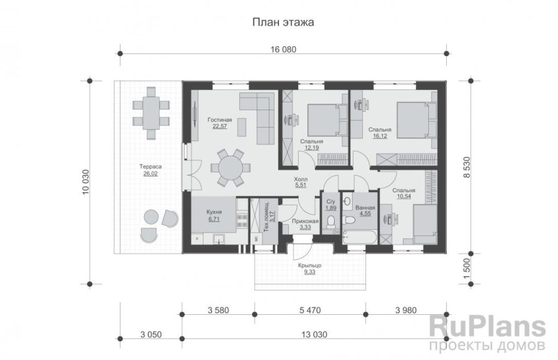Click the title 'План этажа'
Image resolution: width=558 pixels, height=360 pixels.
[x=283, y=22]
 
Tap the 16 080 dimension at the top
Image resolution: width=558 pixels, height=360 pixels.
[x=283, y=50]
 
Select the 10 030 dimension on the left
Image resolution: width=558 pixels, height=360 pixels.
[x=86, y=182]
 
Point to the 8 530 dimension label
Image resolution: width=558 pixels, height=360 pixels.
[x=467, y=168]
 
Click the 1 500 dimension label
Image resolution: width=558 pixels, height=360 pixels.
[x=467, y=269]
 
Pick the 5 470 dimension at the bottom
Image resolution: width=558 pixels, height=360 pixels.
[x=310, y=310]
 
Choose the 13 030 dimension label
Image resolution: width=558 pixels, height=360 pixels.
[x=314, y=334]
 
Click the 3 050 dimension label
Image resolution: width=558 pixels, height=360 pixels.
[x=151, y=334]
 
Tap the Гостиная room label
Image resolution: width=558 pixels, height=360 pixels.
[x=220, y=120]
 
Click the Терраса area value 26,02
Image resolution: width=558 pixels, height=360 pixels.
[x=150, y=174]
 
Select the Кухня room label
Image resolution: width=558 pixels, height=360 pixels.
[x=214, y=212]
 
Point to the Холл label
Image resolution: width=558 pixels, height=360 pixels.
[x=301, y=179]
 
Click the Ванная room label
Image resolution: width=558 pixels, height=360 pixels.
[x=365, y=208]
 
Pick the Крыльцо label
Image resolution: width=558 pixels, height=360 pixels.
[x=310, y=265]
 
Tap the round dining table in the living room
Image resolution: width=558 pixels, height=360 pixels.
[x=231, y=168]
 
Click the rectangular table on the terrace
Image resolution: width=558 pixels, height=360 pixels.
[x=151, y=113]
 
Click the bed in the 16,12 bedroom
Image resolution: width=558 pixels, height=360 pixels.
[x=413, y=120]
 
